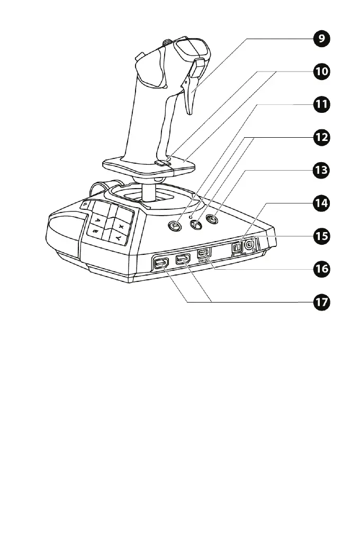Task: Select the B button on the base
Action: click(x=96, y=232)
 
